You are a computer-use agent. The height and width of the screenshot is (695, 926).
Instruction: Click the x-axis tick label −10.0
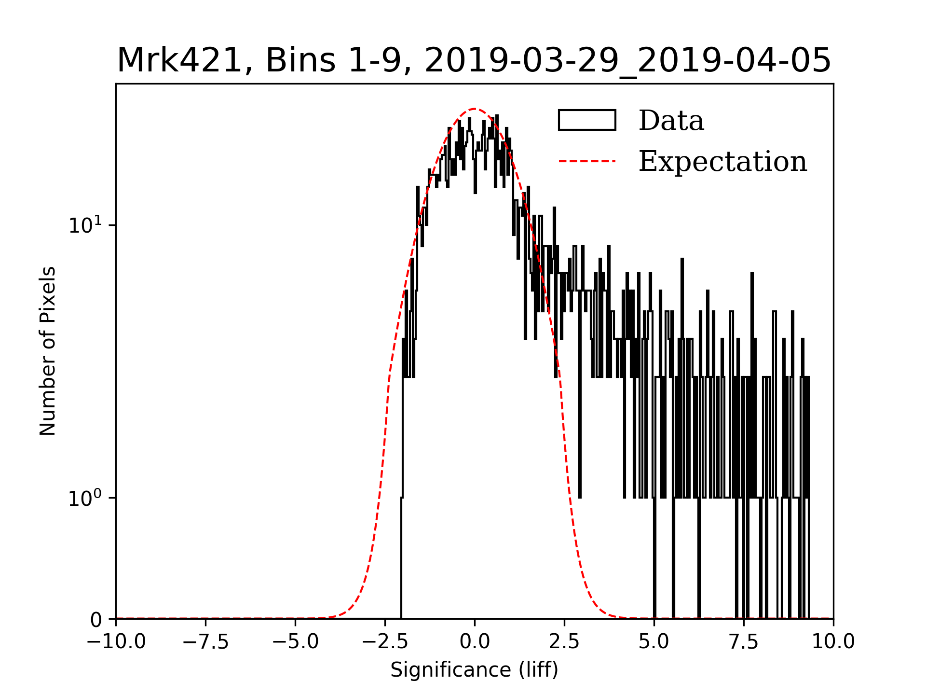116,642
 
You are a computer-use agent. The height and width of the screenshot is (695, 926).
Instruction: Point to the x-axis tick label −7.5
205,642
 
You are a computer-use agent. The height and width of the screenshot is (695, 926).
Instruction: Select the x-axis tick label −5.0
295,642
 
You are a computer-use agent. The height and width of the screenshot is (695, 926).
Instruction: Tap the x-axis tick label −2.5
385,642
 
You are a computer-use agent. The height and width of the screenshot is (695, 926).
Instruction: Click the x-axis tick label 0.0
475,642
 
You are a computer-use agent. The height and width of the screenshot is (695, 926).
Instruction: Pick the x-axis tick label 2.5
564,642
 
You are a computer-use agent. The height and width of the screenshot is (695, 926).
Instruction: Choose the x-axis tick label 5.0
654,642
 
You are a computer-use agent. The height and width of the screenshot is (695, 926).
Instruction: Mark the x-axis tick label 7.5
744,642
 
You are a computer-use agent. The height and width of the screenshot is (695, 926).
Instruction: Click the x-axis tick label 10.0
833,642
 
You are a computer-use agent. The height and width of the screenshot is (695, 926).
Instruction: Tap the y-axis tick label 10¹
85,225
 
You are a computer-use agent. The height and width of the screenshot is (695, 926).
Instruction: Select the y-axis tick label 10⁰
85,498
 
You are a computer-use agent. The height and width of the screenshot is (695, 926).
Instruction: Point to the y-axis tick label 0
96,620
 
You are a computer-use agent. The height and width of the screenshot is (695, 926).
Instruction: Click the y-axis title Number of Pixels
48,351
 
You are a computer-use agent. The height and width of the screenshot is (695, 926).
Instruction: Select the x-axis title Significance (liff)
475,670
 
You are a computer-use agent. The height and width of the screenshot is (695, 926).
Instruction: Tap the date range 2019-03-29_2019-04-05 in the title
627,61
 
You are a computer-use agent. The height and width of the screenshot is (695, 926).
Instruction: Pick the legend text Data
671,121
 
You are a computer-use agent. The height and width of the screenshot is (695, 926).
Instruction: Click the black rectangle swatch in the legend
587,120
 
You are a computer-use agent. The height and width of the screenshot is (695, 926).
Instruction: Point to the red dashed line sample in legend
587,161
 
